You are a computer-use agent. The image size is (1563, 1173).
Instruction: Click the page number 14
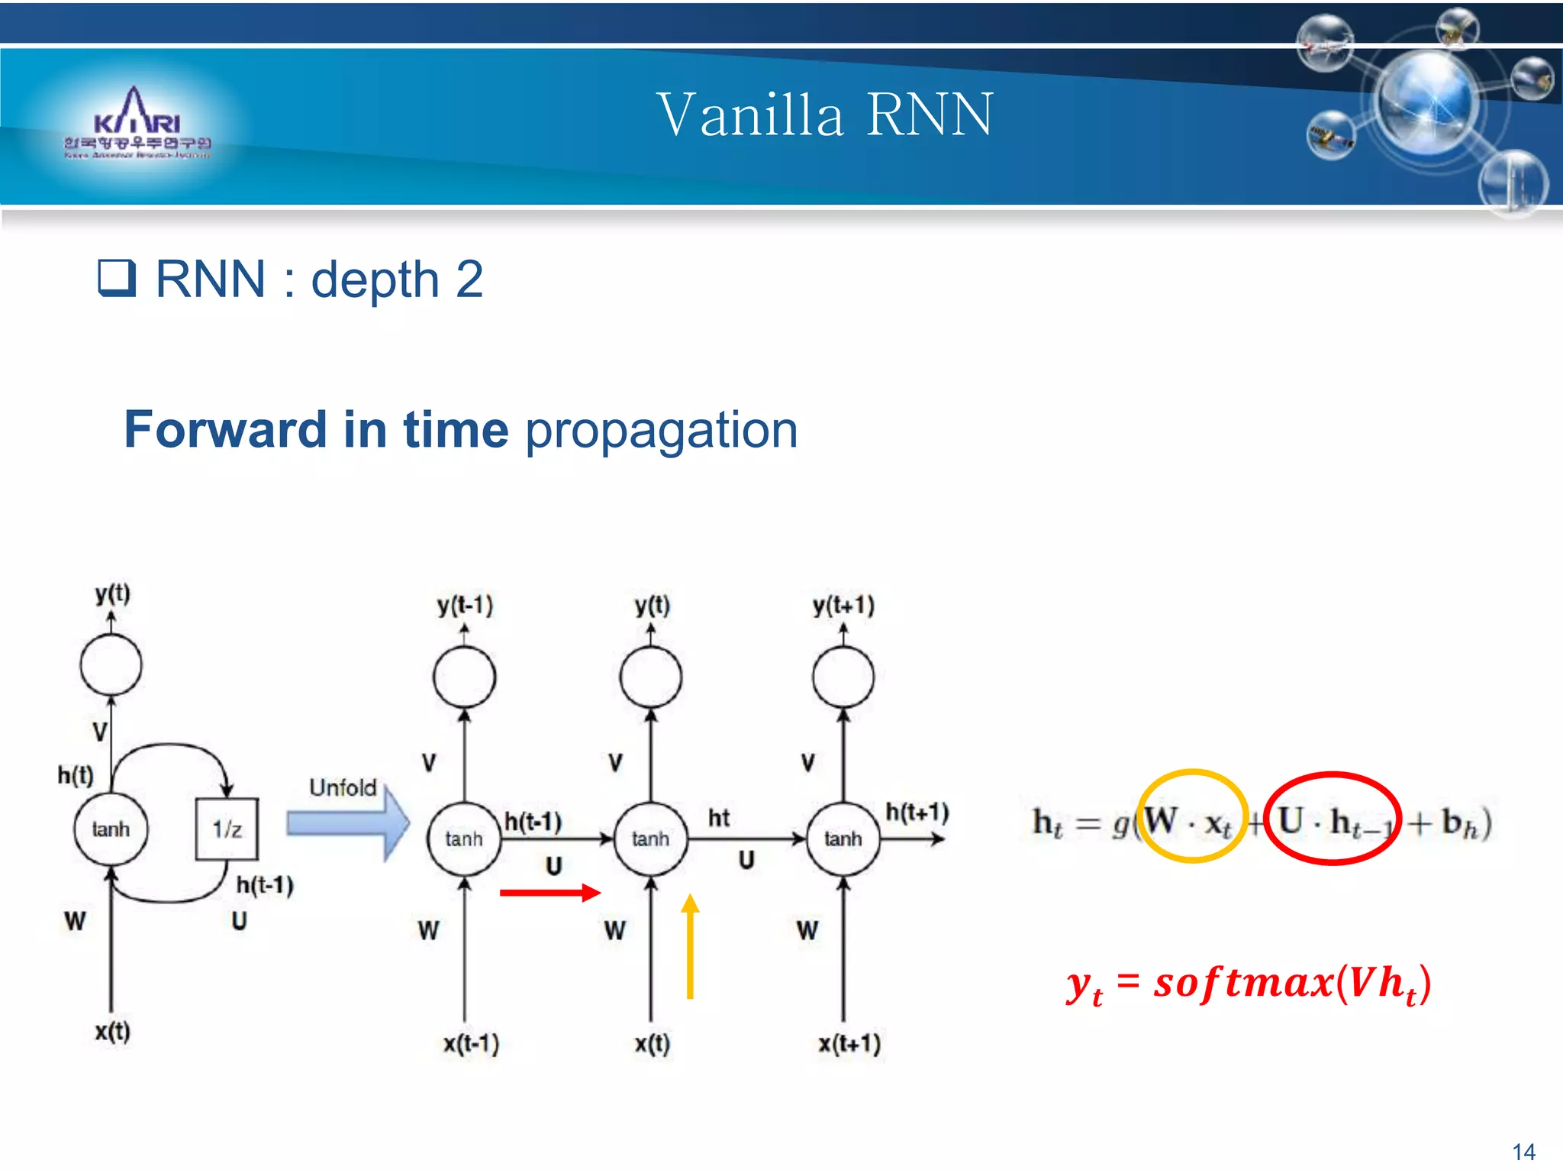tap(1523, 1151)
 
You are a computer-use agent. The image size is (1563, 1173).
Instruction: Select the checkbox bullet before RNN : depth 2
tap(117, 277)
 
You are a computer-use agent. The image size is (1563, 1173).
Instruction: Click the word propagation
tap(661, 429)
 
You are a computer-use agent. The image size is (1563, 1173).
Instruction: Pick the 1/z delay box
tap(227, 829)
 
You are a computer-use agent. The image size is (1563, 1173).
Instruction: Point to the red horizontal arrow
tap(549, 893)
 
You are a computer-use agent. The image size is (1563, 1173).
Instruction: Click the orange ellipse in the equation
tap(1191, 816)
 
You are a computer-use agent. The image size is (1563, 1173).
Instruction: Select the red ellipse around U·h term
tap(1333, 818)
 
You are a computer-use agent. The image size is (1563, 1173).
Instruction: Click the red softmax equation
tap(1248, 984)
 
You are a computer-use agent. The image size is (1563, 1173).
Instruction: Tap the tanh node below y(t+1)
tap(843, 839)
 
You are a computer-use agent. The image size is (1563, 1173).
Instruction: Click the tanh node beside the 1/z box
tap(111, 829)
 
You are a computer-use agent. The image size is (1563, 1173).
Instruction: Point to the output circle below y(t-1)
tap(464, 677)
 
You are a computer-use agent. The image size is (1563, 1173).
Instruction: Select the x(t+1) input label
tap(849, 1043)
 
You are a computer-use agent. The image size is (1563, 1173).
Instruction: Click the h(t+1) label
tap(917, 812)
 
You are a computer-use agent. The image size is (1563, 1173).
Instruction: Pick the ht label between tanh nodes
tap(718, 818)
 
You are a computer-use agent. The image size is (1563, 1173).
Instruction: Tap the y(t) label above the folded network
tap(113, 593)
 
